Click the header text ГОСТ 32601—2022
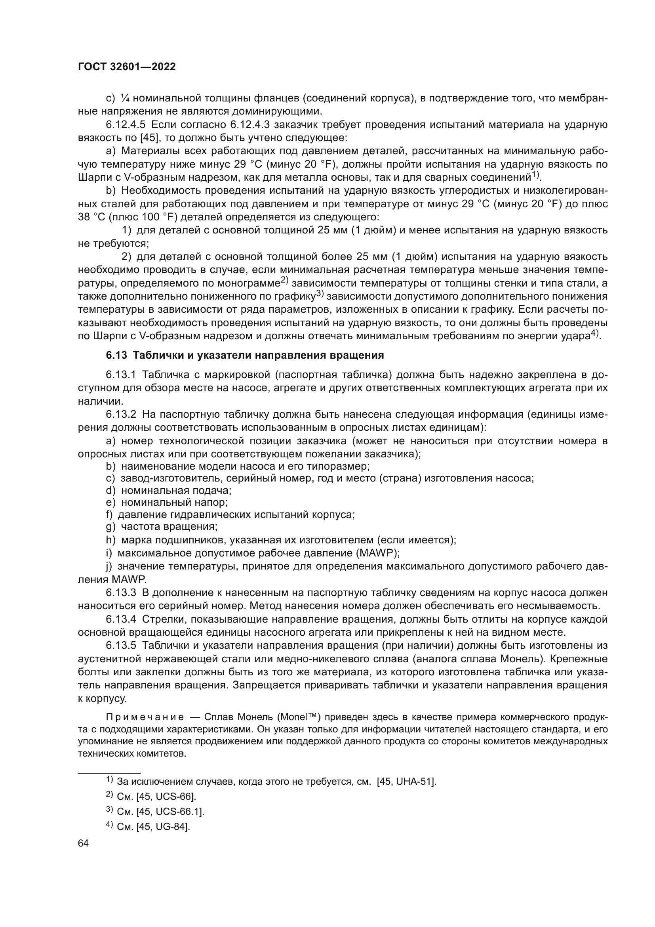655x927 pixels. coord(127,67)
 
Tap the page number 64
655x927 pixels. coord(83,843)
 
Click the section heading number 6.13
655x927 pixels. coord(116,355)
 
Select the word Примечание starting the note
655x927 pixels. coord(145,717)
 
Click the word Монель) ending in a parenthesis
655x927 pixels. coord(521,659)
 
